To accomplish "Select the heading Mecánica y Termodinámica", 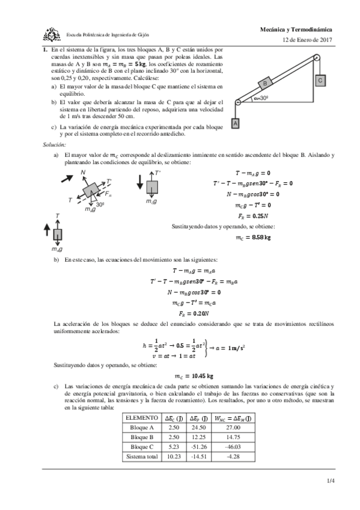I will (296, 29).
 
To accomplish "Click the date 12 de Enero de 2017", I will (307, 40).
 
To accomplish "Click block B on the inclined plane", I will (265, 84).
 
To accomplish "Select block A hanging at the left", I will (236, 123).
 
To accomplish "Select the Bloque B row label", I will (142, 438).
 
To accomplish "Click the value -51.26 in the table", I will (198, 447).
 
